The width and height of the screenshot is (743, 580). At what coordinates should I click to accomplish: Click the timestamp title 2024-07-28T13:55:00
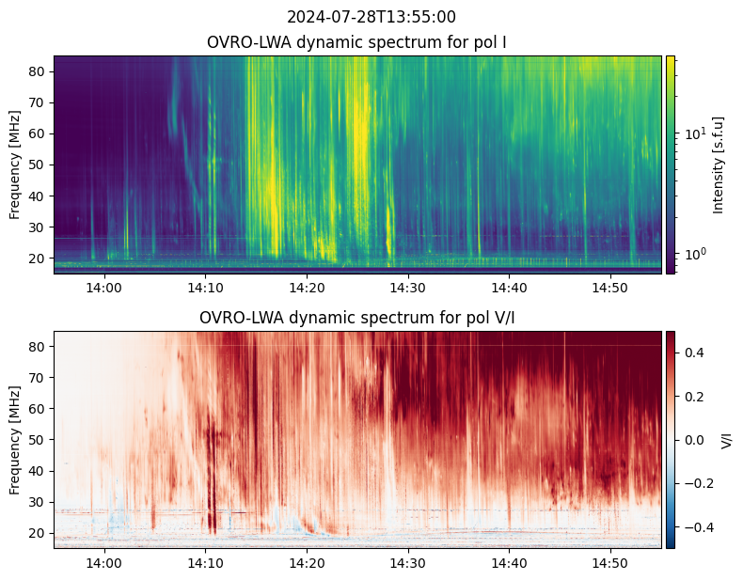click(371, 17)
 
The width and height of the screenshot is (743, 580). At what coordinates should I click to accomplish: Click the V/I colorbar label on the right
click(726, 440)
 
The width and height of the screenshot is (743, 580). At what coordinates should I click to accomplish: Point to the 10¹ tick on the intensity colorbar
click(695, 133)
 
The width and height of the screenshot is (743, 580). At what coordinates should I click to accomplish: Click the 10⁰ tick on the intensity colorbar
click(695, 254)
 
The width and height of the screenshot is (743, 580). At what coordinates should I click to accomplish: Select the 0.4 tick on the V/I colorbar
click(697, 352)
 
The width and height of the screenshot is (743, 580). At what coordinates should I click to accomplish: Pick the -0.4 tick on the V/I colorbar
click(700, 527)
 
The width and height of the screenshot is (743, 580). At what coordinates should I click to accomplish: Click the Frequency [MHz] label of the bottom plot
click(15, 440)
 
